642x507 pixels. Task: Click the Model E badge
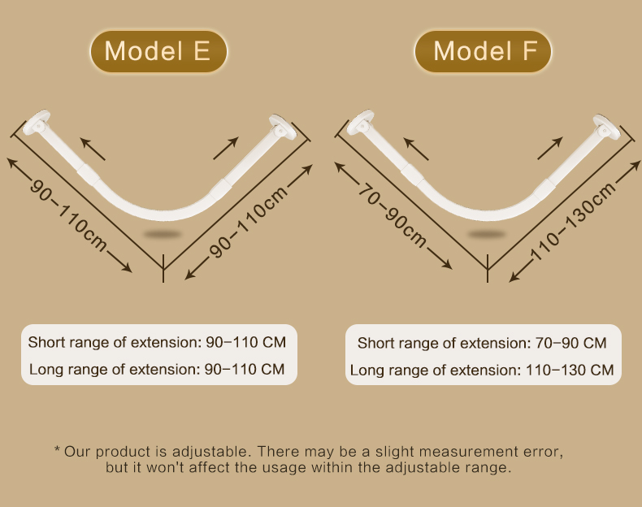[158, 51]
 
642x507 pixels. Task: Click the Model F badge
[483, 51]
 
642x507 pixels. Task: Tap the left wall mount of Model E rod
[37, 122]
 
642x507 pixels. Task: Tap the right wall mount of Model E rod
[282, 127]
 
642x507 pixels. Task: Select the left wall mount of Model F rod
[360, 122]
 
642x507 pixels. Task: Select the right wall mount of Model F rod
[606, 127]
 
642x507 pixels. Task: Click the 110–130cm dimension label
[572, 221]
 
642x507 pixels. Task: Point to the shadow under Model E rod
[163, 235]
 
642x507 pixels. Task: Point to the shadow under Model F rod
[487, 235]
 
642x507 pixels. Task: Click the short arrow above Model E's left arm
[93, 149]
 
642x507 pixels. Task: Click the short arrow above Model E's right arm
[226, 148]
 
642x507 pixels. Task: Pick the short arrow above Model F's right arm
[550, 148]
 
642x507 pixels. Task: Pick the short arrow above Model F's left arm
[416, 149]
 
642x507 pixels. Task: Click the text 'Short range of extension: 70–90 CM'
[482, 343]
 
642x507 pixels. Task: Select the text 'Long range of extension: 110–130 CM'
[482, 370]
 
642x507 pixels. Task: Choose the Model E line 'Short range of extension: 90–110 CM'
[157, 342]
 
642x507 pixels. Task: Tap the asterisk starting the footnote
[58, 449]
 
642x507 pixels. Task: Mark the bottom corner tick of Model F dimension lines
[488, 268]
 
